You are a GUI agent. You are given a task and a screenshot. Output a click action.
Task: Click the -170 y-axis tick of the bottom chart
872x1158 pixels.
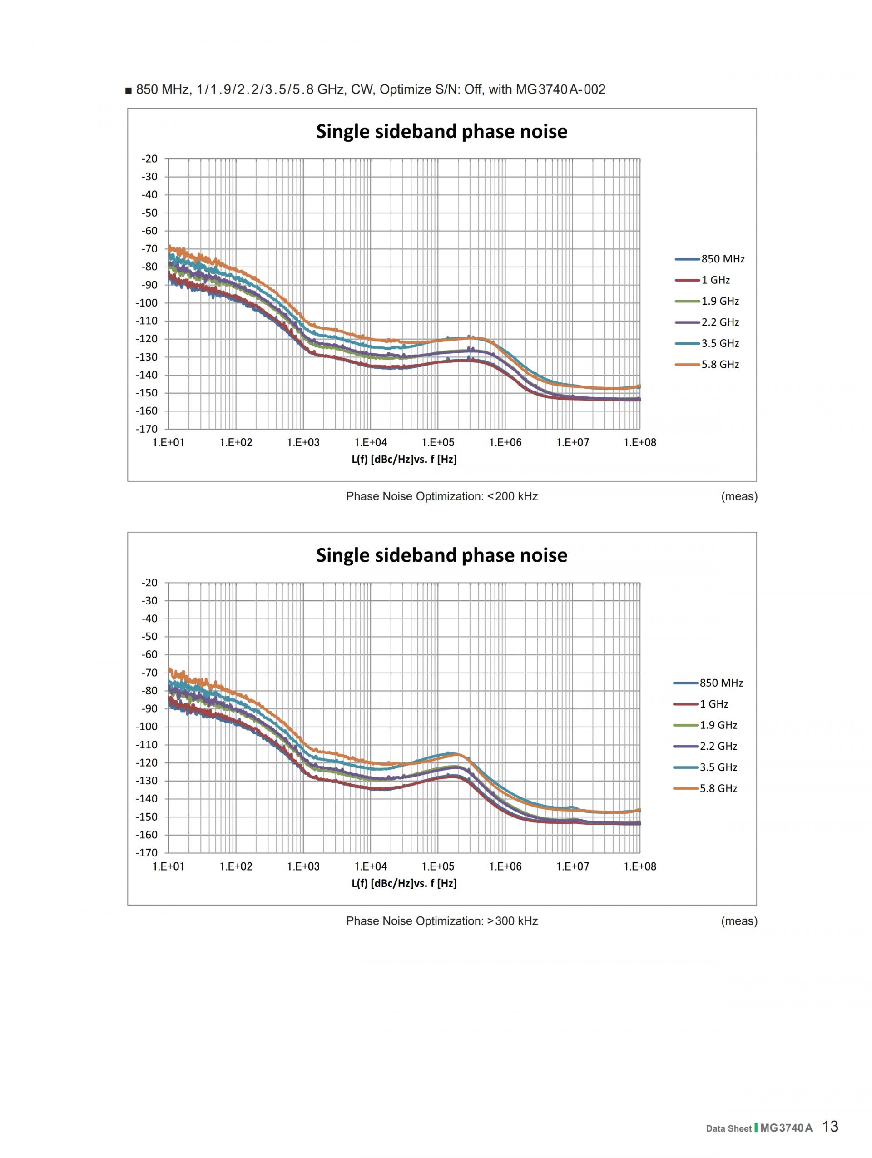click(x=147, y=853)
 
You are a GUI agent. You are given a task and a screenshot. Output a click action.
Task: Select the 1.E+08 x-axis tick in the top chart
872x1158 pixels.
click(x=639, y=442)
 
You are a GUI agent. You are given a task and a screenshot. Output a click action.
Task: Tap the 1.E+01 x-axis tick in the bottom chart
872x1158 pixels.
click(x=168, y=866)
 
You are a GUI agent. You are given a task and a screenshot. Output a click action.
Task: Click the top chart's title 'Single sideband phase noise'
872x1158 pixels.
click(x=441, y=131)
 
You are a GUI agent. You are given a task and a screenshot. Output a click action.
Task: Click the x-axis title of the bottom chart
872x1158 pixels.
click(x=404, y=883)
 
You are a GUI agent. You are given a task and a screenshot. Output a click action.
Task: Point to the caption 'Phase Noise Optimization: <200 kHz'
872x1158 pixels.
click(x=441, y=496)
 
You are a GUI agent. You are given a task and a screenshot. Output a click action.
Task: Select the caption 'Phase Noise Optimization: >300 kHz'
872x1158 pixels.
click(x=441, y=921)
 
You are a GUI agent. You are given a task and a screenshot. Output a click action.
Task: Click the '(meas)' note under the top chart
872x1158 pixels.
click(x=739, y=496)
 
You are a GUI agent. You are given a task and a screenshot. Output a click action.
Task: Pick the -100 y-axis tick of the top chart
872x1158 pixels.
click(x=147, y=302)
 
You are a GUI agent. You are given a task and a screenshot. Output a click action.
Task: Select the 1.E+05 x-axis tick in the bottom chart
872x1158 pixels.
click(x=438, y=866)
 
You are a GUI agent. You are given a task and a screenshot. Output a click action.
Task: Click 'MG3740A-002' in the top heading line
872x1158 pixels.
click(x=560, y=89)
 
